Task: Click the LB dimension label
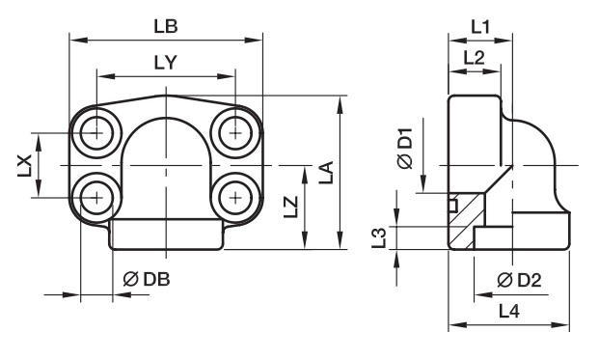166,26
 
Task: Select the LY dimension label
166,63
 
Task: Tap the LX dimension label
24,165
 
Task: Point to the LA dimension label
327,173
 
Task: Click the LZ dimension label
291,207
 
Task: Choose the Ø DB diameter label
147,280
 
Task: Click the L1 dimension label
479,27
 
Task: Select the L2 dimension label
474,58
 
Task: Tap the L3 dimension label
380,237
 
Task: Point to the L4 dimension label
509,312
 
